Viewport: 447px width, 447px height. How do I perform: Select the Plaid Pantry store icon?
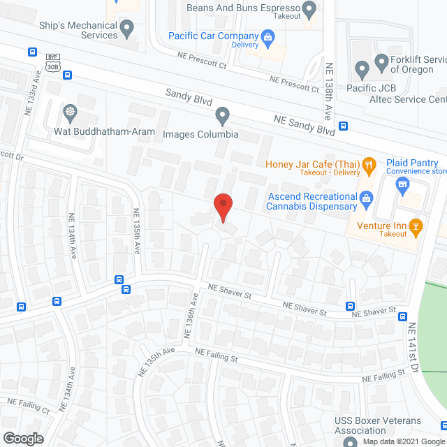click(402, 184)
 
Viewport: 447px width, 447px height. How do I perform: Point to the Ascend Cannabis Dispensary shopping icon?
click(365, 201)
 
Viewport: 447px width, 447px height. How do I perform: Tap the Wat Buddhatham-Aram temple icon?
click(70, 112)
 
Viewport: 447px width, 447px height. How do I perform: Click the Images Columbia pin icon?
click(222, 115)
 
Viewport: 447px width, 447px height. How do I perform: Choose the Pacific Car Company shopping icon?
click(267, 36)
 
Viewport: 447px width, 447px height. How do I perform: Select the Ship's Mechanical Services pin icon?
click(126, 29)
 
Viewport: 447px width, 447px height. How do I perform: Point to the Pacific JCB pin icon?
click(362, 69)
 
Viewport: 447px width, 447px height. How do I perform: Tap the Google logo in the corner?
click(22, 438)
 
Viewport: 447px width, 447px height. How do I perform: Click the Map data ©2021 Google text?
click(402, 441)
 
